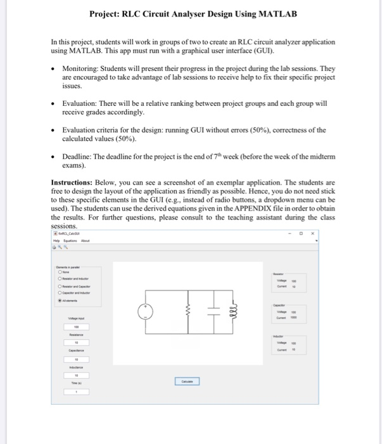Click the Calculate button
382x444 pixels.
click(x=187, y=381)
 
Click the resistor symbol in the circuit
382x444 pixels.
click(x=189, y=313)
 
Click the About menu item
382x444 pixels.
click(x=85, y=240)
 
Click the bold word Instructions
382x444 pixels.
click(x=72, y=181)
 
